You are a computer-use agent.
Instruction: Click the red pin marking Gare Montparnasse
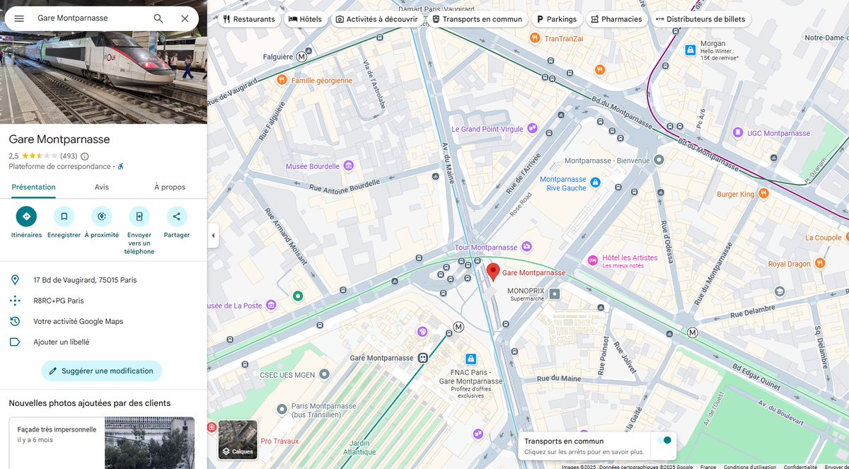point(493,271)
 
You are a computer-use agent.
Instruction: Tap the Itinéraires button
point(26,216)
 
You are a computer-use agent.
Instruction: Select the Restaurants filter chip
point(248,19)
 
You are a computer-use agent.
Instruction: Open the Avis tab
point(102,187)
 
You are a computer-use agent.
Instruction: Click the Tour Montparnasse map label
point(486,247)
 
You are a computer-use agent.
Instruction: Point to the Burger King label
point(736,194)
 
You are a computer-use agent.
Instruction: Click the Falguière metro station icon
point(302,57)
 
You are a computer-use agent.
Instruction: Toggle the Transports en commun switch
point(663,441)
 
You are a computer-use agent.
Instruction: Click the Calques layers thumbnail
point(238,440)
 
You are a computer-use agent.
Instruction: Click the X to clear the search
point(185,18)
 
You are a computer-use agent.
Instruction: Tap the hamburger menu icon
point(19,18)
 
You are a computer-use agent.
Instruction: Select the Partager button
point(176,216)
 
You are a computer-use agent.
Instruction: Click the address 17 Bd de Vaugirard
point(85,280)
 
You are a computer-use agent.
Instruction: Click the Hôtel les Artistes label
point(629,257)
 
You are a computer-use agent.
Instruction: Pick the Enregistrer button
point(64,216)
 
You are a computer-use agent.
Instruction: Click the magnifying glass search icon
point(158,18)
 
